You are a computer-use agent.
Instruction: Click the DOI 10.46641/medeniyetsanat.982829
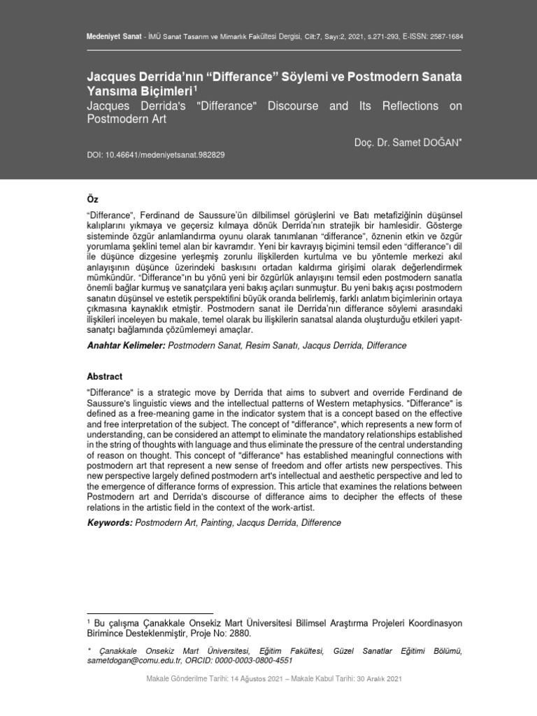coord(154,154)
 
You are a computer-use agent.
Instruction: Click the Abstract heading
coord(104,376)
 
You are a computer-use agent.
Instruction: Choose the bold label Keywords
coord(108,522)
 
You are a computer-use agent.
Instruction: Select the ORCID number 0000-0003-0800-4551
coord(254,660)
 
